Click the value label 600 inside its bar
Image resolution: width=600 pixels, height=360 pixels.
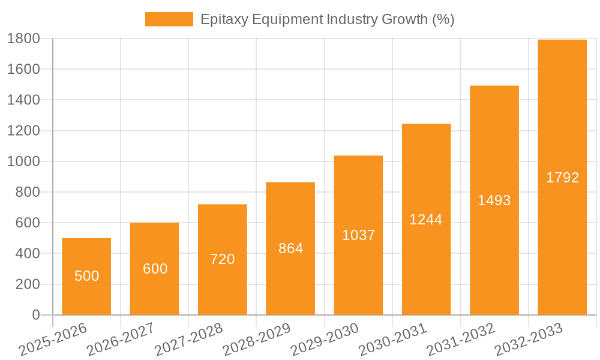(155, 269)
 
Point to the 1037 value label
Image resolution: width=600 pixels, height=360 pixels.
(358, 235)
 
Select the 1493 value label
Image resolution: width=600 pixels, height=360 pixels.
(494, 200)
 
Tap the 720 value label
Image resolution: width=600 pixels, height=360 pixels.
(223, 259)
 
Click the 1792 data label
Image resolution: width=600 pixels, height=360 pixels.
(562, 178)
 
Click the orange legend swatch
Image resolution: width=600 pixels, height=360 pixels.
(169, 19)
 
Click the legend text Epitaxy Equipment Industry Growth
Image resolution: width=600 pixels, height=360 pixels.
(327, 19)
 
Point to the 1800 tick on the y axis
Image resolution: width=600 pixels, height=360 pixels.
(23, 38)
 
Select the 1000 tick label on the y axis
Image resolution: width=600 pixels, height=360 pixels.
(23, 161)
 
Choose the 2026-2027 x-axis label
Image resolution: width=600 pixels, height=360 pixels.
(120, 340)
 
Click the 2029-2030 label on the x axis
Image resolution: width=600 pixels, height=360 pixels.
(324, 340)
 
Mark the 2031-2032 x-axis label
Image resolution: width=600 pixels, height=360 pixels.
(460, 340)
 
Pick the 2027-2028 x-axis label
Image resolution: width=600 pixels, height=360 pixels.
(188, 340)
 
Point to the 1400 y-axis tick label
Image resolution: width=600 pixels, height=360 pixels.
(23, 100)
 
